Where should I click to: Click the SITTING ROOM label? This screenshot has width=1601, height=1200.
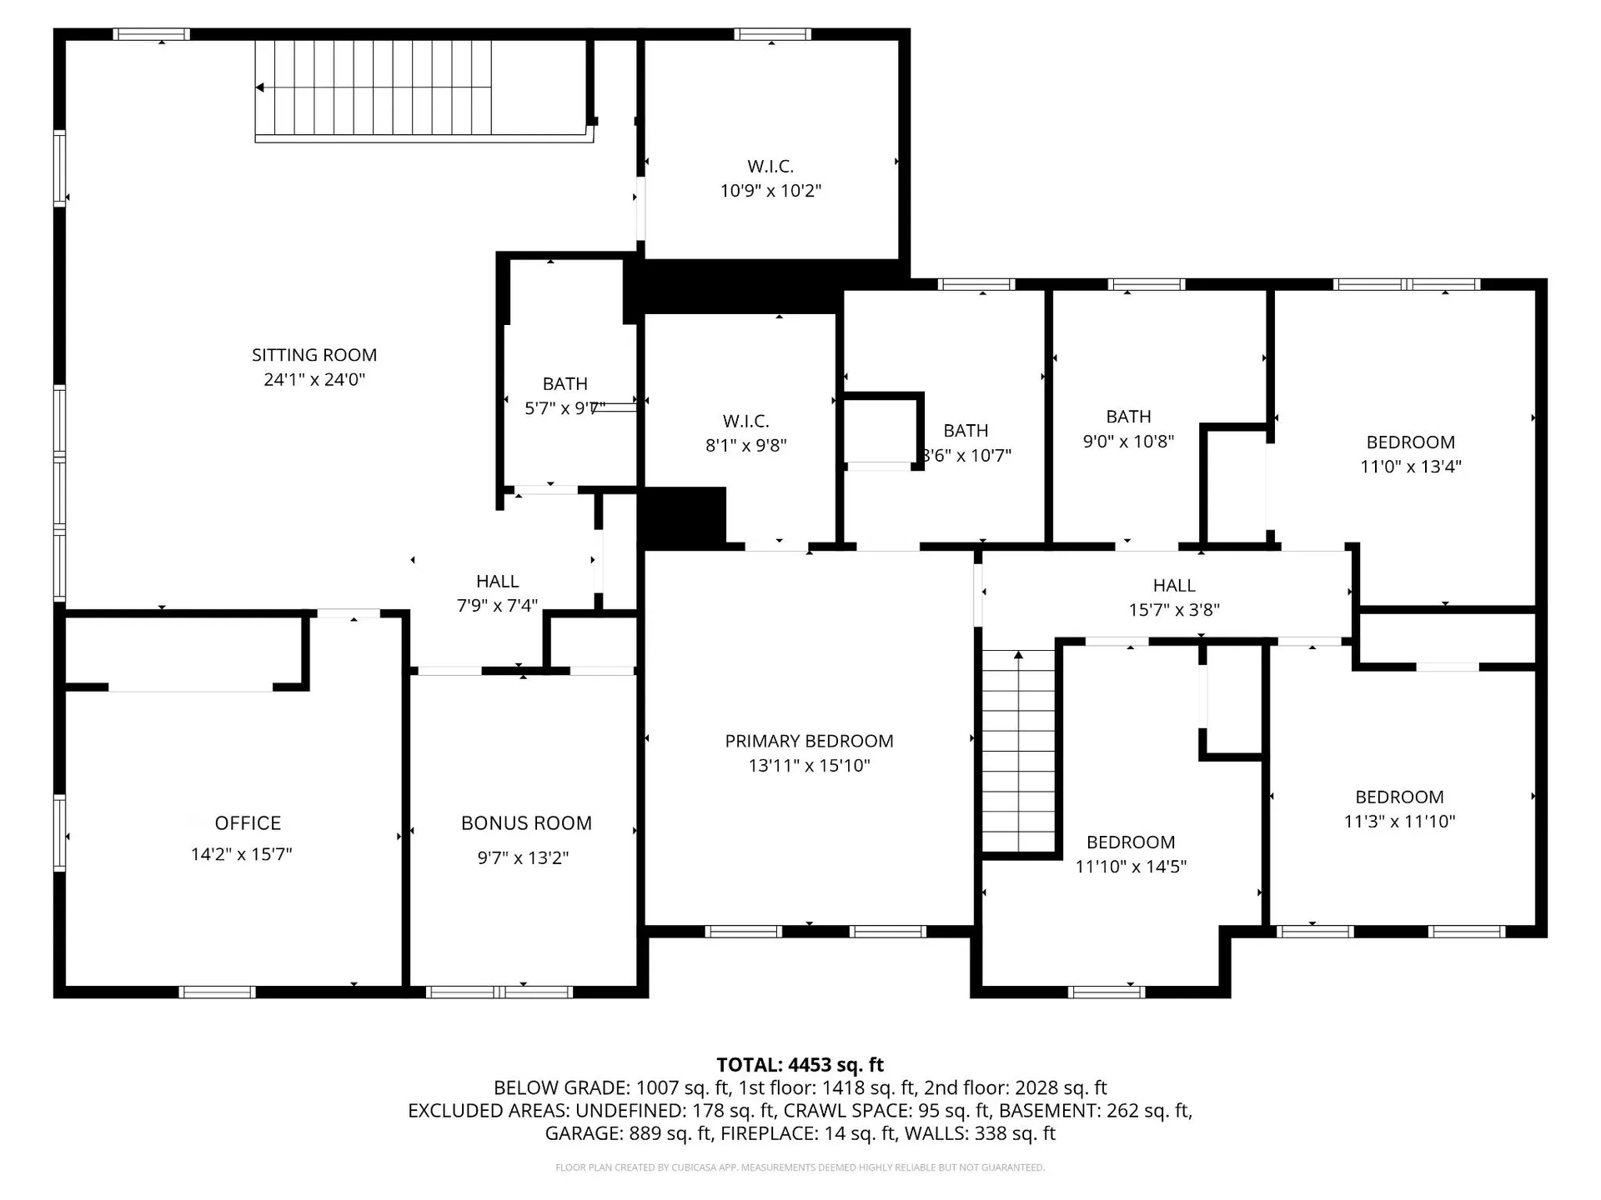[314, 355]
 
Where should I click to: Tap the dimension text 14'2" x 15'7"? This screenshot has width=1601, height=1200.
[241, 854]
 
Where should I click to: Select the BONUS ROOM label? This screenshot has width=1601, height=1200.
[526, 823]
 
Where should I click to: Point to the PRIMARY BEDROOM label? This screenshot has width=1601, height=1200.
[809, 741]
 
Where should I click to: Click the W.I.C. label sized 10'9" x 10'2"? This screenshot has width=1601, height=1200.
[770, 167]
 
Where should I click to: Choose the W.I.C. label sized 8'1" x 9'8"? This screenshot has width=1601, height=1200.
[745, 422]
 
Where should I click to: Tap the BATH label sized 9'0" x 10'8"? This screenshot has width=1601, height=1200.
[1128, 417]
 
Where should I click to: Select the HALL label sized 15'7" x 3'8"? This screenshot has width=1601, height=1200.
[1174, 586]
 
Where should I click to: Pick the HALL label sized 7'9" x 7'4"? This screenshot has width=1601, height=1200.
[497, 582]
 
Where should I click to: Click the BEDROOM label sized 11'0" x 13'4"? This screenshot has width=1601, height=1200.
[1410, 442]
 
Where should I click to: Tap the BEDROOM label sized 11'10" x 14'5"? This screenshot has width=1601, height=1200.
[1131, 842]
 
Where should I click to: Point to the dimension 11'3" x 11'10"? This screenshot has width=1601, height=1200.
[1399, 822]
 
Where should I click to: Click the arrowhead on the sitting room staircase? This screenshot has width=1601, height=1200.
[260, 87]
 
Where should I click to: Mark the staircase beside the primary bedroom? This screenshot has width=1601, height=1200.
[1018, 750]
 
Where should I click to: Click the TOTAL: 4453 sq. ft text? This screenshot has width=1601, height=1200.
[800, 1065]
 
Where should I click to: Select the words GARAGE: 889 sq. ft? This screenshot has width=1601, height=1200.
[629, 1133]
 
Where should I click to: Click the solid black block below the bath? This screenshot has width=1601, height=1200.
[682, 517]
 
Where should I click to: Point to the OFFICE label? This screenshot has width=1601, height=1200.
[248, 823]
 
